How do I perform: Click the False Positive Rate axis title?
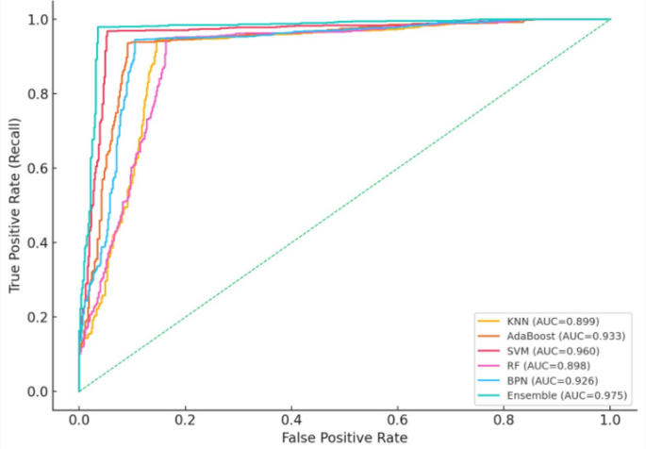click(344, 437)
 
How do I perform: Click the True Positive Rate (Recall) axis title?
click(14, 205)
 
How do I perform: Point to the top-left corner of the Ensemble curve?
click(98, 27)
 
